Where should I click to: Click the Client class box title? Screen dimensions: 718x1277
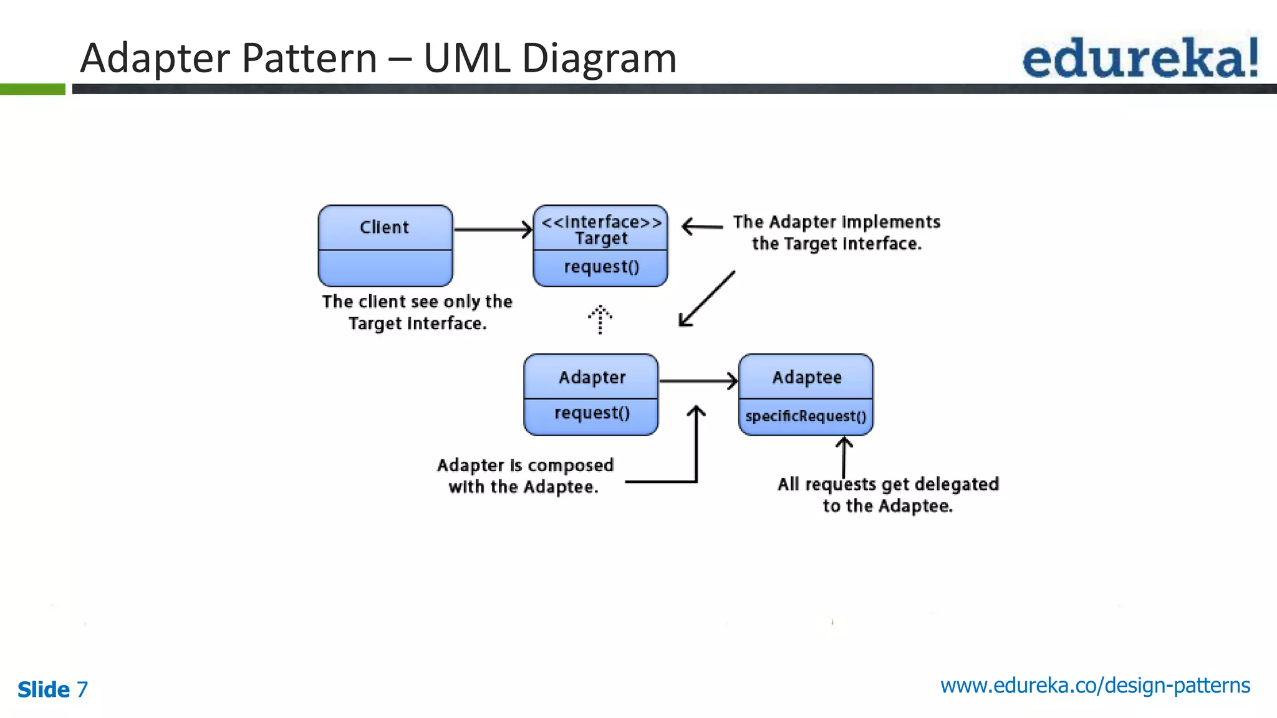(x=384, y=227)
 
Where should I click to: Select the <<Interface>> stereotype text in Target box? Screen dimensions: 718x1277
(x=601, y=222)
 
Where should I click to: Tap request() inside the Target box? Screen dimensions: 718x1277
(x=601, y=267)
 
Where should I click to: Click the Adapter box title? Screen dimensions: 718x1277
(x=592, y=378)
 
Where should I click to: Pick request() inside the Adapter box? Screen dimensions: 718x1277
(x=592, y=413)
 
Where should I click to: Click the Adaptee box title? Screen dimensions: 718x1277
(x=807, y=378)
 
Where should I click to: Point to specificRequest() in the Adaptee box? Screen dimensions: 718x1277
(x=806, y=416)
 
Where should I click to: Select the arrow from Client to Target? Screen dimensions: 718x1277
(x=493, y=229)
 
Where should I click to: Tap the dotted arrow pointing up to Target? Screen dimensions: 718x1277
(x=600, y=319)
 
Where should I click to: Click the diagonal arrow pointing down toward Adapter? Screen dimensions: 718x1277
(x=707, y=299)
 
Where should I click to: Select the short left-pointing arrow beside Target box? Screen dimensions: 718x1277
(x=702, y=226)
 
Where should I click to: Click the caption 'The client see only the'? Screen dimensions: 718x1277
(x=417, y=302)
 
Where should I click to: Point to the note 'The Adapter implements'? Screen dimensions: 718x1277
(x=836, y=223)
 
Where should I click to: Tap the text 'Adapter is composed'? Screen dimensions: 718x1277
(x=525, y=466)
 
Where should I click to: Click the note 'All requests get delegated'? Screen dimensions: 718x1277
(x=888, y=484)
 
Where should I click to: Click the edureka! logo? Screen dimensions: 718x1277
(x=1140, y=57)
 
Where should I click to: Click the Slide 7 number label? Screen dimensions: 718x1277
(x=53, y=689)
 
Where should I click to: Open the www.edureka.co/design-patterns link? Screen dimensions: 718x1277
(x=1095, y=686)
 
